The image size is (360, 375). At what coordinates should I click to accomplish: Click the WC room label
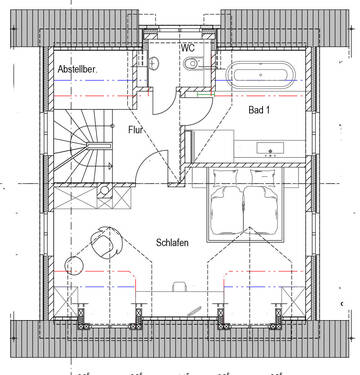[187, 48]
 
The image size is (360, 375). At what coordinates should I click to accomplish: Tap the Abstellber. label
[77, 69]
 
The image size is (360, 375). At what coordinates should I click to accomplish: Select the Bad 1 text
[259, 110]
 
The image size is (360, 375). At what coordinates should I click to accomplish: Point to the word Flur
[135, 130]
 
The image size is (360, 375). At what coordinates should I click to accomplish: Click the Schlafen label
[172, 242]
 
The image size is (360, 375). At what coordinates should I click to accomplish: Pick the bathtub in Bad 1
[259, 75]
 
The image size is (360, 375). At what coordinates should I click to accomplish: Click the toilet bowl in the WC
[191, 64]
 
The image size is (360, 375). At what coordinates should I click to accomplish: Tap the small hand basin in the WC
[154, 63]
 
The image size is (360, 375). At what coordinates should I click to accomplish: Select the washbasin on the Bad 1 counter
[270, 148]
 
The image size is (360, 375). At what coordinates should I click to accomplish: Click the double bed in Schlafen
[245, 204]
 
